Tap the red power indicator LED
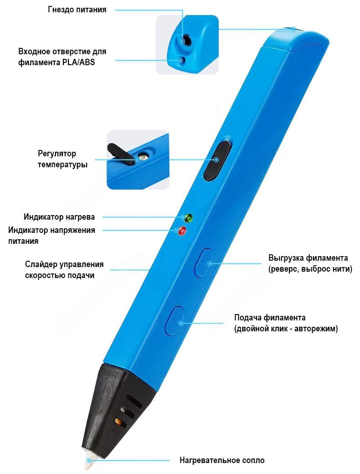(182, 231)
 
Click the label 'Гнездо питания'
(77, 10)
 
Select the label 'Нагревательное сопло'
(222, 460)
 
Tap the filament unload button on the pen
(205, 263)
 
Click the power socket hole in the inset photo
(184, 40)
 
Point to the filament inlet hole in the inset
(181, 60)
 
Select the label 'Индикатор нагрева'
(59, 217)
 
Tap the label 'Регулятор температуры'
(62, 159)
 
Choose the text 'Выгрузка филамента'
(308, 258)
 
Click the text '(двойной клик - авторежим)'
(286, 329)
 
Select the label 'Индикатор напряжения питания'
(52, 236)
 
